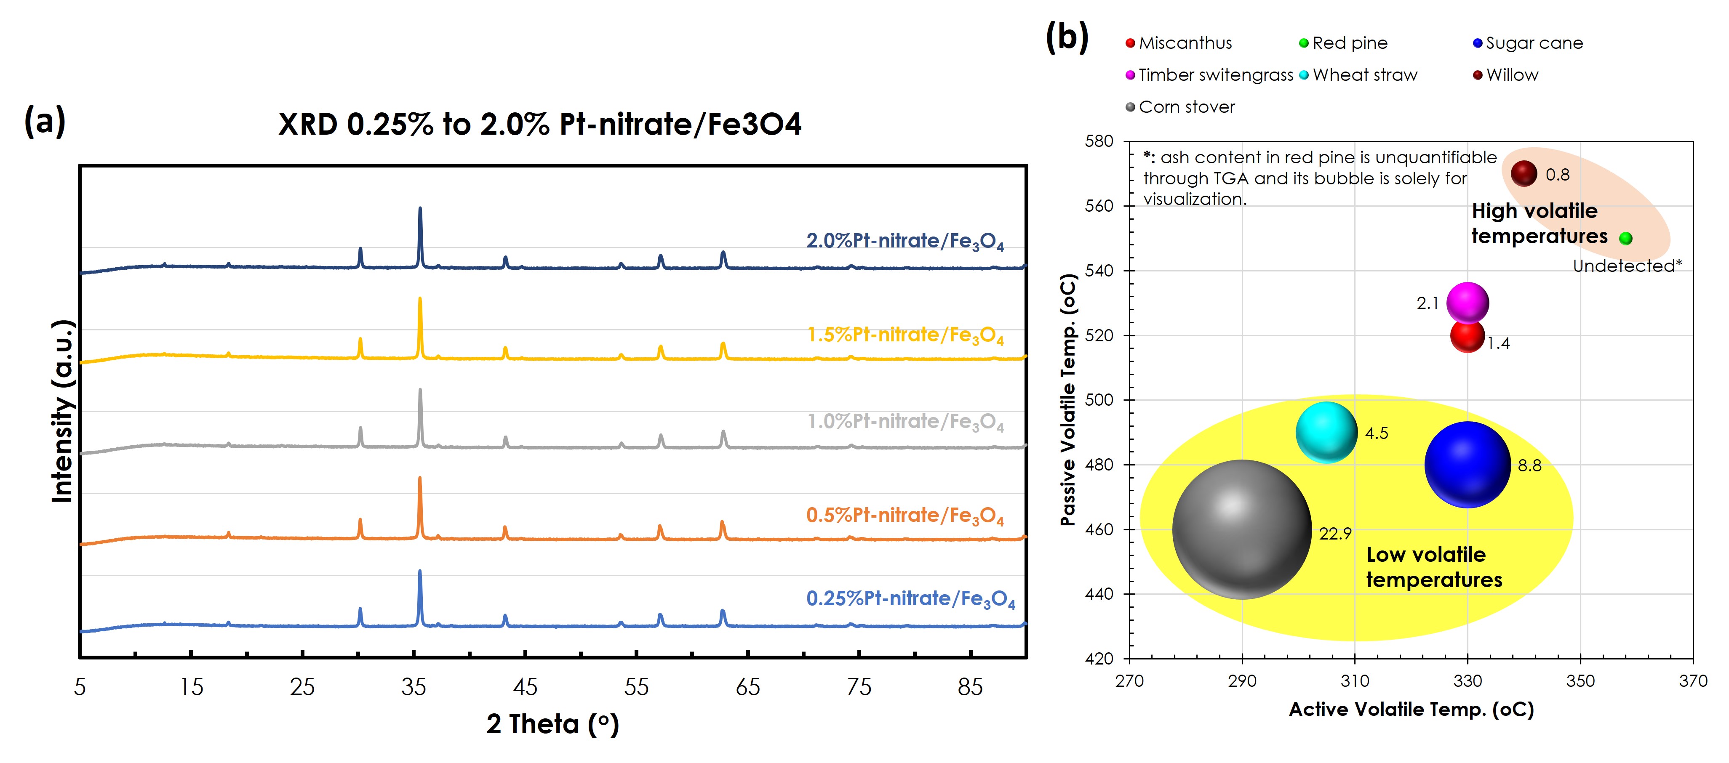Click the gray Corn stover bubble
[x=1242, y=529]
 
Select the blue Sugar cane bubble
[x=1467, y=464]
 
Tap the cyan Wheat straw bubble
[x=1326, y=433]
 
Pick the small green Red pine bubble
[x=1625, y=238]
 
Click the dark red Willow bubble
[x=1524, y=174]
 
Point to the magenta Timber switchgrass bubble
[x=1467, y=303]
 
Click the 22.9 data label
[x=1335, y=534]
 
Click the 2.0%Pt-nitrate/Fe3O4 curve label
[x=905, y=241]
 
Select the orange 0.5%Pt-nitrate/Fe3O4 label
[x=905, y=516]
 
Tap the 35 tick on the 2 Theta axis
[x=414, y=686]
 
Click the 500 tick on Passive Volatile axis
[x=1099, y=400]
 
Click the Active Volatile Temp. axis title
[x=1411, y=709]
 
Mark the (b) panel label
[x=1067, y=37]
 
